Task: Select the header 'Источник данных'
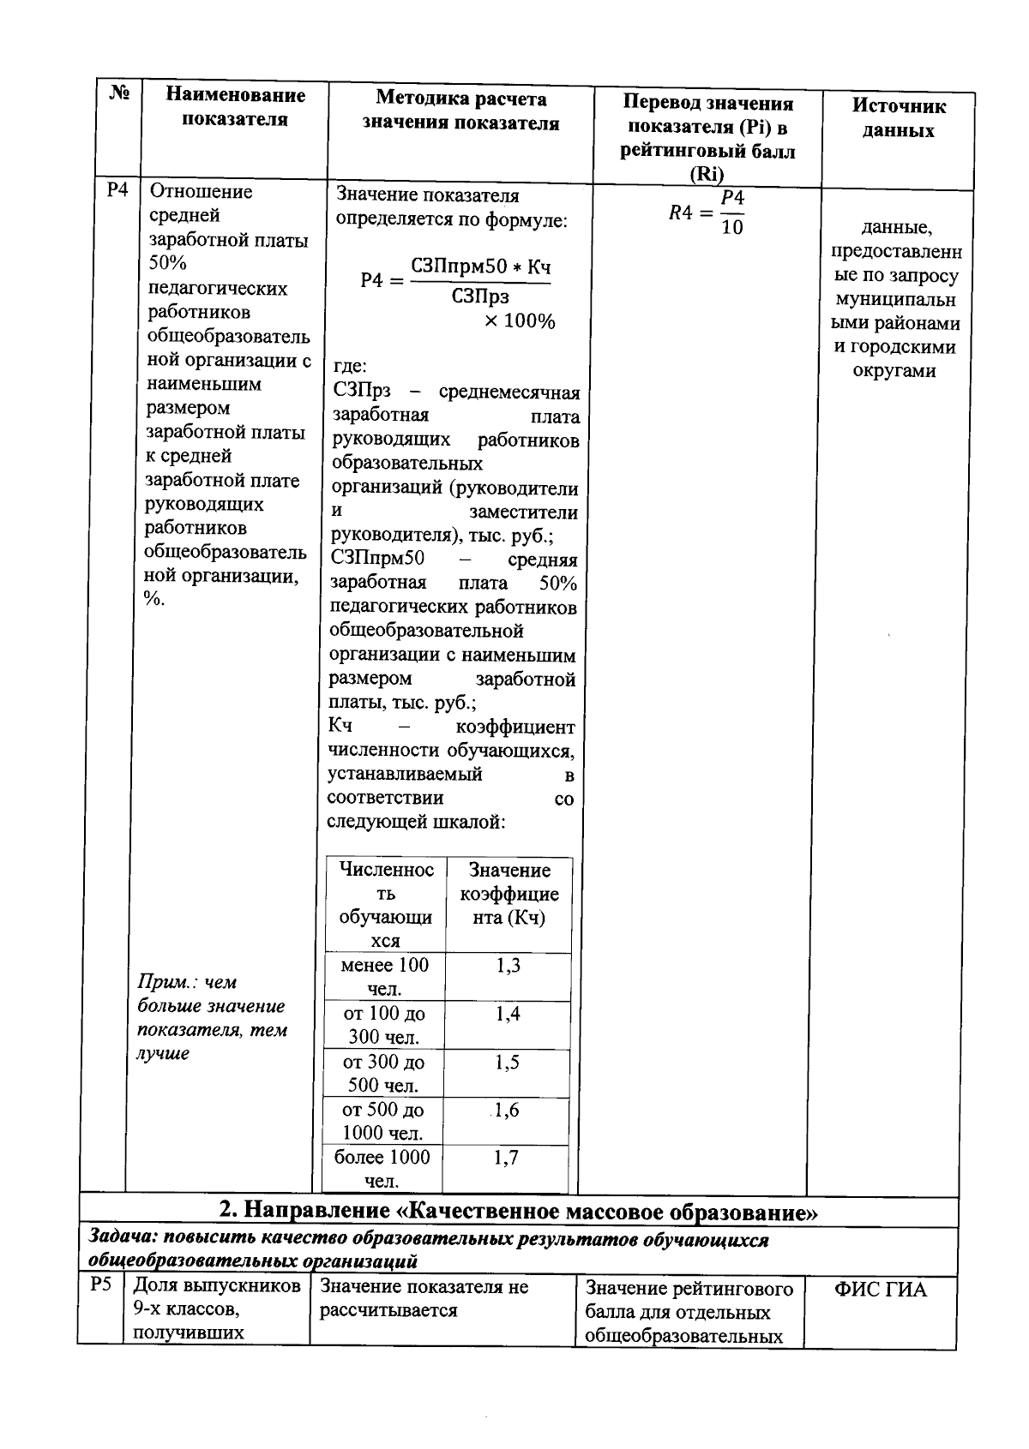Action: pyautogui.click(x=898, y=118)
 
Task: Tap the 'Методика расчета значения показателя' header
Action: pyautogui.click(x=460, y=111)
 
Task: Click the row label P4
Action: pyautogui.click(x=117, y=190)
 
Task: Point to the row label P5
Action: pyautogui.click(x=101, y=1285)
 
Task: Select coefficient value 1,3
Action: pyautogui.click(x=508, y=967)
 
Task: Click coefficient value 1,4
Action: pyautogui.click(x=508, y=1015)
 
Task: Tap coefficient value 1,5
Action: pyautogui.click(x=507, y=1063)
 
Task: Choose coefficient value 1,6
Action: pyautogui.click(x=506, y=1111)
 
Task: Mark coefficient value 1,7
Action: pyautogui.click(x=506, y=1159)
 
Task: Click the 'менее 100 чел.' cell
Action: pyautogui.click(x=384, y=977)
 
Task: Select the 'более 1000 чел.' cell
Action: pyautogui.click(x=382, y=1169)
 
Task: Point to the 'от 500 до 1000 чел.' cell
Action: pyautogui.click(x=382, y=1121)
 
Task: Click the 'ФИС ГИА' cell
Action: pyautogui.click(x=881, y=1289)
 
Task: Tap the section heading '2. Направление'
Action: pyautogui.click(x=518, y=1212)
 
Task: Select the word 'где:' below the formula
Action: pyautogui.click(x=351, y=368)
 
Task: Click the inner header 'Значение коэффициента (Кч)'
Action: pyautogui.click(x=509, y=894)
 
